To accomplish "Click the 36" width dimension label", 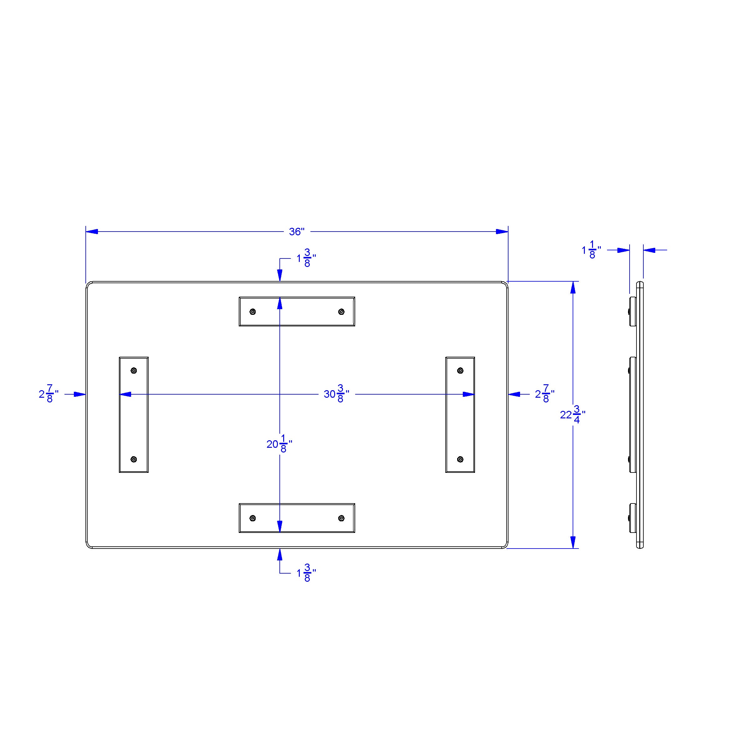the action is tap(297, 232).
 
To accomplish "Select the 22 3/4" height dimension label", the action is tap(573, 415).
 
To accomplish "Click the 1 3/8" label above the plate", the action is tap(306, 258).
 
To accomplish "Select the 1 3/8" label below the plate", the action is tap(306, 573).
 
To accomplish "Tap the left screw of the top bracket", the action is tap(253, 311).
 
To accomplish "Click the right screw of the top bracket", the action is tap(341, 311).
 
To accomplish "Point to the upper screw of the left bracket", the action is tap(134, 370).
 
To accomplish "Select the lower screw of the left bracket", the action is tap(134, 459).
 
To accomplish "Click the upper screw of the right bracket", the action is tap(460, 370).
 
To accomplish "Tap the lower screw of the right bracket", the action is tap(460, 459).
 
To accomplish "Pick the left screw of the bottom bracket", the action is tap(253, 518).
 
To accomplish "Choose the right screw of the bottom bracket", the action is tap(341, 518).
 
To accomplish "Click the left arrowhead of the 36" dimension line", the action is tap(92, 232).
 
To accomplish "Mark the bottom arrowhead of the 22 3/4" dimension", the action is tap(573, 542).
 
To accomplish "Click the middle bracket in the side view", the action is tap(633, 414).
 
